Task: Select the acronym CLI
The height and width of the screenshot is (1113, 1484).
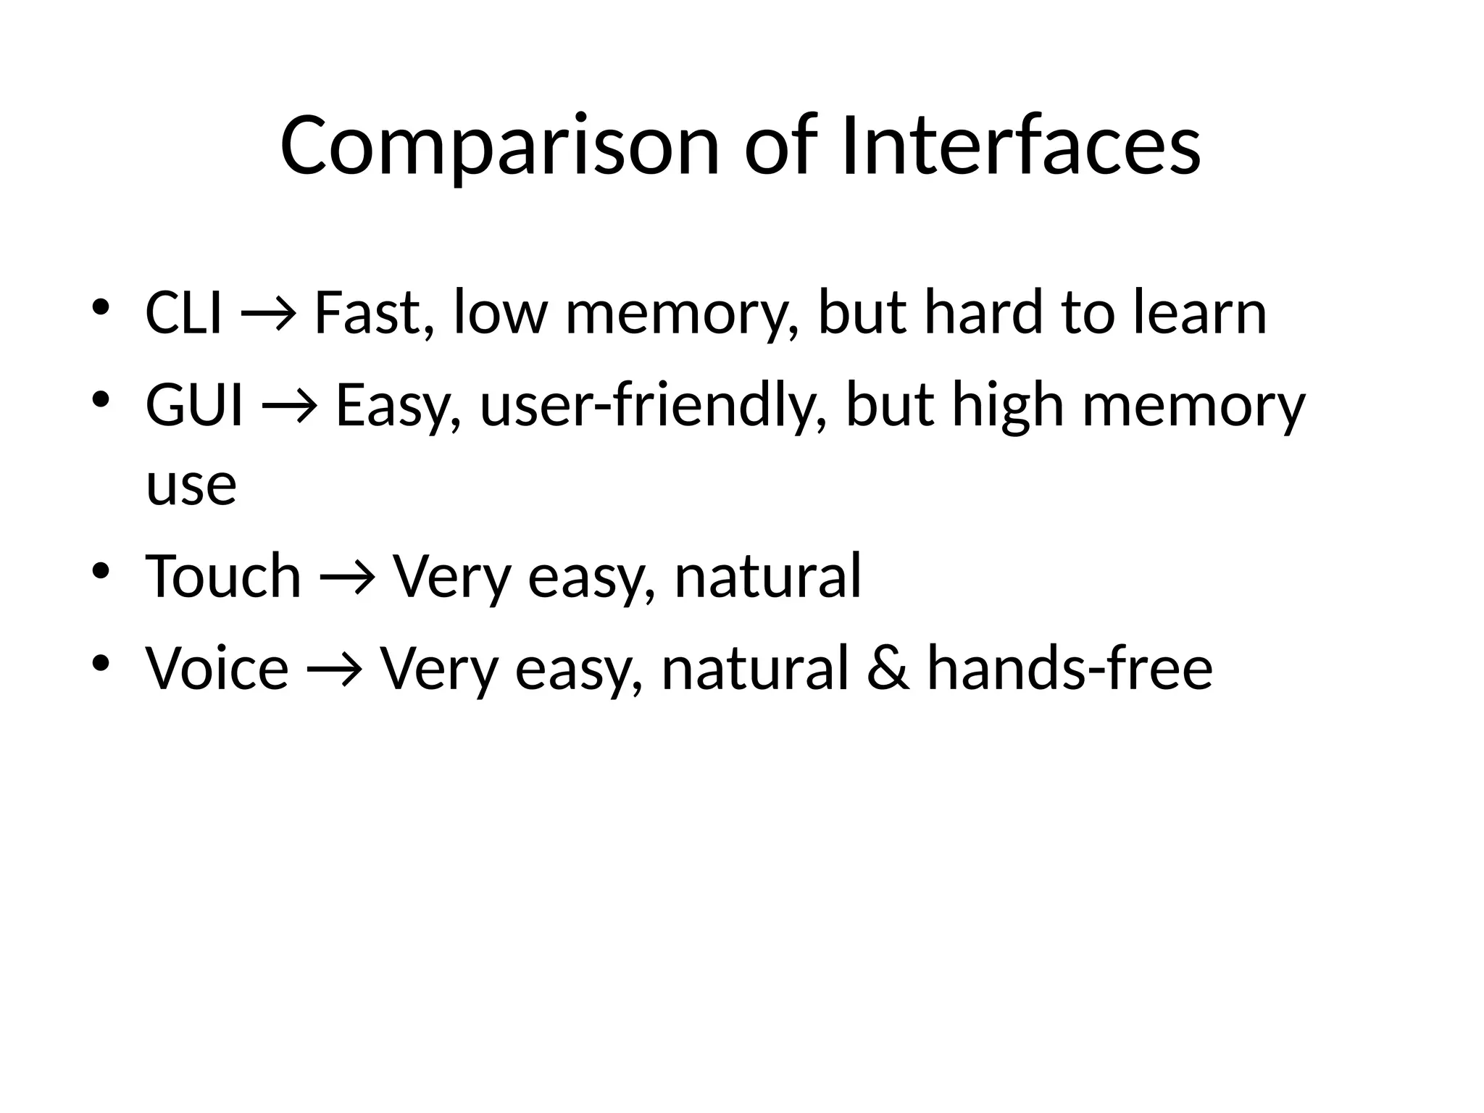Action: (x=183, y=313)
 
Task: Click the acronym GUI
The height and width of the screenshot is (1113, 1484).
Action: (x=193, y=406)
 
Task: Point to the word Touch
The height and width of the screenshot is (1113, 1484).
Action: (x=223, y=577)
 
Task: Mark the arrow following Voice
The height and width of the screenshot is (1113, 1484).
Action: (x=334, y=670)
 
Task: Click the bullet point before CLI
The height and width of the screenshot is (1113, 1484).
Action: (x=101, y=307)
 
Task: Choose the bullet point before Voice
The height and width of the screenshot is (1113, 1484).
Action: (x=101, y=662)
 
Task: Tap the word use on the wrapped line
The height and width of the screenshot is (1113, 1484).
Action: (x=191, y=485)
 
